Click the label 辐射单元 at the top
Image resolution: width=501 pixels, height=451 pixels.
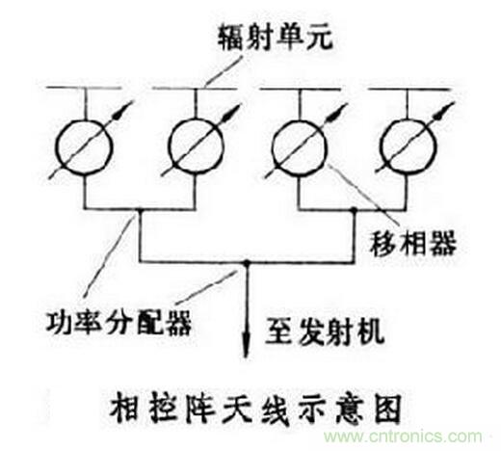coord(276,38)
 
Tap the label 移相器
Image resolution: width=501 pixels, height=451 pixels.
coord(413,243)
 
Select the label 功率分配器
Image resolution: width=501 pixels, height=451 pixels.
coord(119,322)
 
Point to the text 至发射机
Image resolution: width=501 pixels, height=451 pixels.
coord(325,332)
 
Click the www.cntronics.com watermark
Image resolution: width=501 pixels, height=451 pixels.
coord(403,437)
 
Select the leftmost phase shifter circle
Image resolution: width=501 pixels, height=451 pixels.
coord(85,120)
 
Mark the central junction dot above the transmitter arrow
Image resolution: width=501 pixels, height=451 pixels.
coord(247,263)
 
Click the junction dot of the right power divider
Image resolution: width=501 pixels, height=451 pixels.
coord(354,210)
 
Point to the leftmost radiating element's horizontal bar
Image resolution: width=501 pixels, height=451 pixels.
coord(84,88)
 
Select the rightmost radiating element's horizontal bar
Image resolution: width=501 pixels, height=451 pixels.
coord(409,88)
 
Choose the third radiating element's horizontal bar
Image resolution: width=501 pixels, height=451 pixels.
coord(301,88)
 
